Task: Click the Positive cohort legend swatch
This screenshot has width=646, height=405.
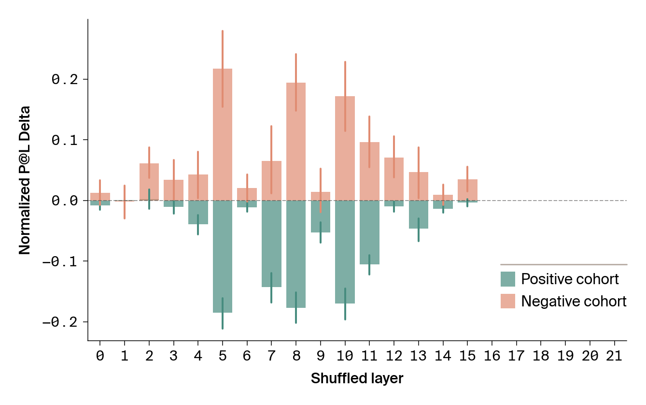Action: click(508, 279)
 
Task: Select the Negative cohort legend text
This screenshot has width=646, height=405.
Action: click(574, 302)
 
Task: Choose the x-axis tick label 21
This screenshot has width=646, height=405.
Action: click(614, 357)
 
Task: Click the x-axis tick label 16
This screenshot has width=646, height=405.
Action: click(492, 357)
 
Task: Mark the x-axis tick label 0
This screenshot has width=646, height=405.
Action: click(100, 357)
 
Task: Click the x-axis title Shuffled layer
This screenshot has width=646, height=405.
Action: click(357, 378)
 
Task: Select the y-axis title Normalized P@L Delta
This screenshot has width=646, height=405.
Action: click(25, 180)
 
